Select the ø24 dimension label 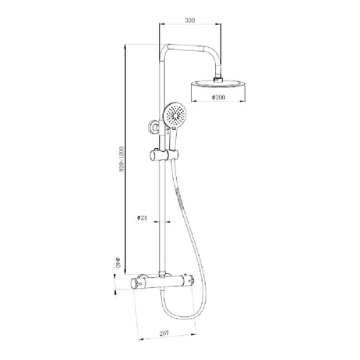click(x=142, y=218)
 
